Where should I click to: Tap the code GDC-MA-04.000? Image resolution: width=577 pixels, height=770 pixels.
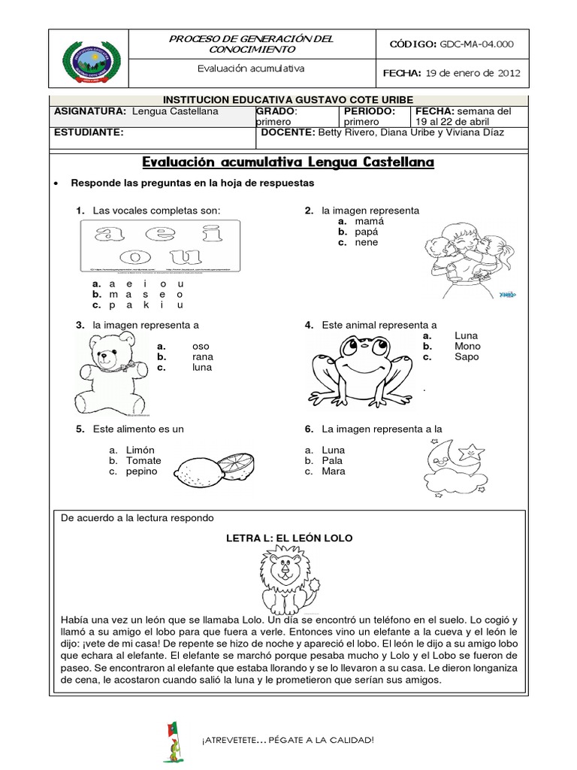[476, 44]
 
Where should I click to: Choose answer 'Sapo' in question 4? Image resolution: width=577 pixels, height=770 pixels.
[466, 357]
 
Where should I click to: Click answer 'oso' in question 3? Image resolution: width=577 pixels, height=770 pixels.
[199, 346]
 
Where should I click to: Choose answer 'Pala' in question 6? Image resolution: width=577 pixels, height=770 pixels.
[333, 460]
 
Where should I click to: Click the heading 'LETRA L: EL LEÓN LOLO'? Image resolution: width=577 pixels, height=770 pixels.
[289, 538]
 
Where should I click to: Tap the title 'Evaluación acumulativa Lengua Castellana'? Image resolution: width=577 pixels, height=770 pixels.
[288, 162]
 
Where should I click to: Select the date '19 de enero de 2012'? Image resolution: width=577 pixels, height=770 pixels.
[472, 73]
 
